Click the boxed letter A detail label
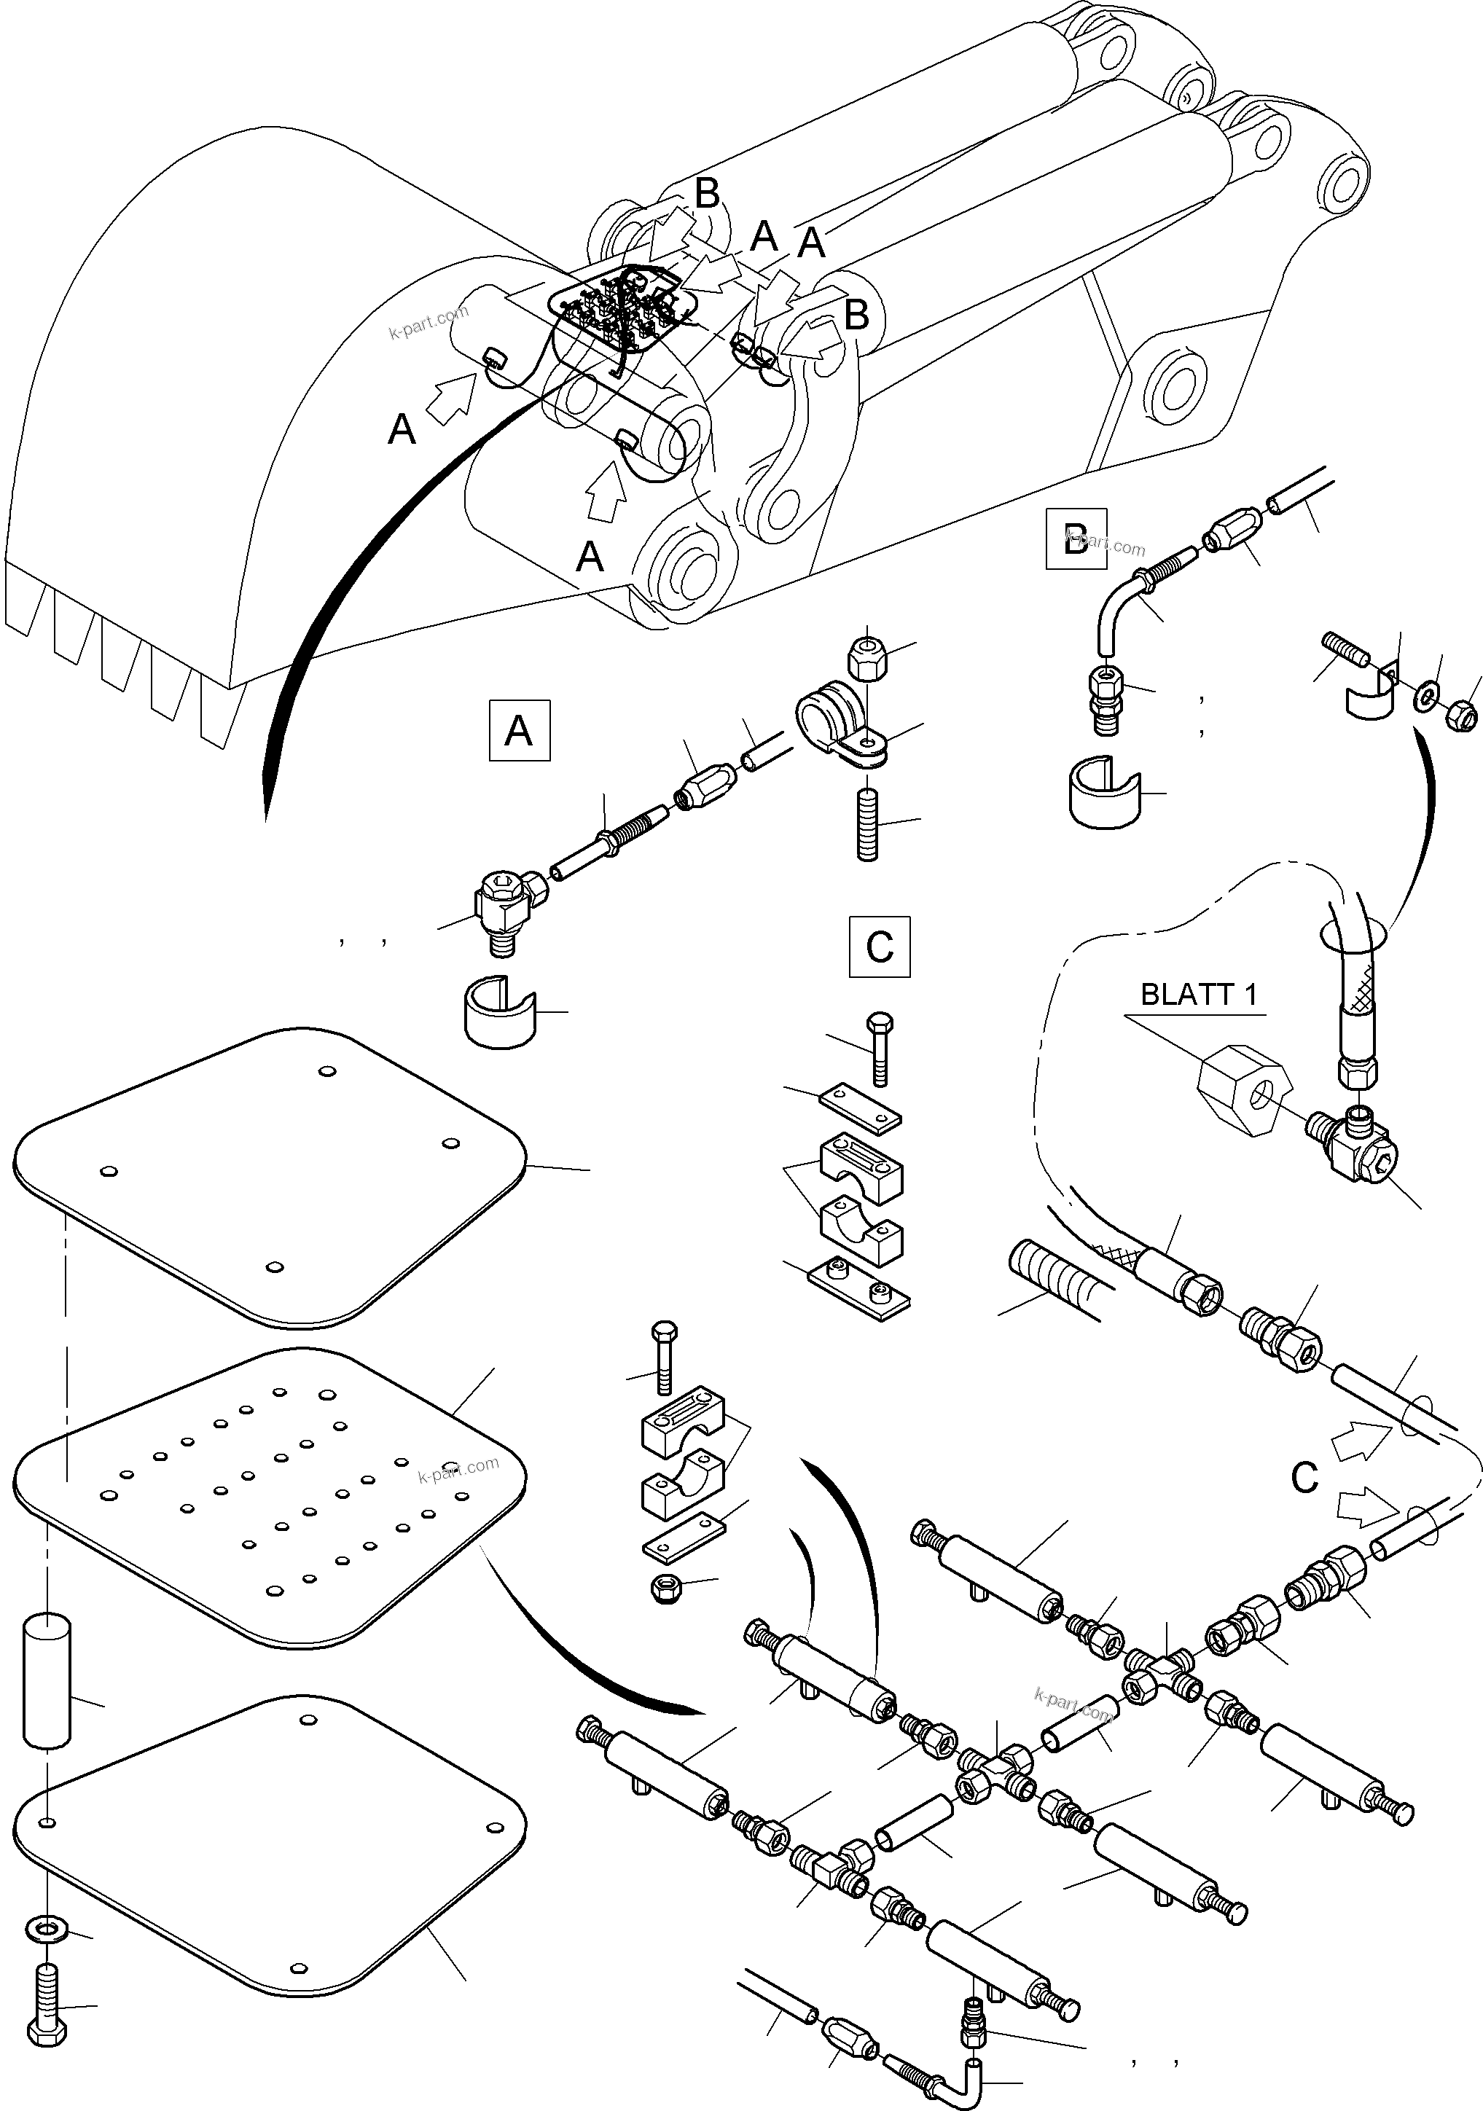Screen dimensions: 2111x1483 [x=520, y=731]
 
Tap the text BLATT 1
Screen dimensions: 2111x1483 [x=1197, y=995]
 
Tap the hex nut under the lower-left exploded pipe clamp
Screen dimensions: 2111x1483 [x=665, y=1589]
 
